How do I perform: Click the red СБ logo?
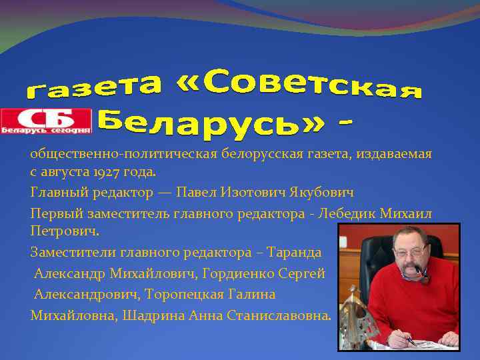[x=46, y=121]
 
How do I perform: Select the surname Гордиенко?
[x=241, y=274]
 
